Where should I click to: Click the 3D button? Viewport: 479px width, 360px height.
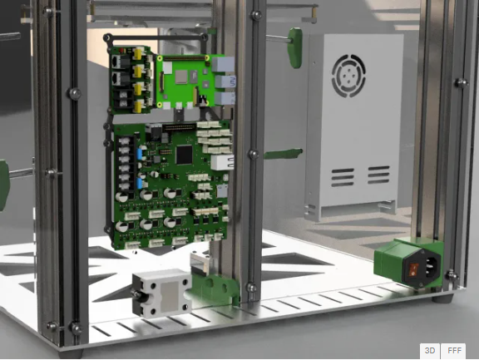tap(430, 351)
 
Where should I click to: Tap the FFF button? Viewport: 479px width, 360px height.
tap(454, 351)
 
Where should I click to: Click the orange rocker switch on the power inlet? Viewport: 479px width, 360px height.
tap(413, 269)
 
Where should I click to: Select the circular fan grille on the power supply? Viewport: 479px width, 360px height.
tap(348, 76)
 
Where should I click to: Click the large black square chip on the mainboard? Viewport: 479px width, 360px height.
tap(185, 155)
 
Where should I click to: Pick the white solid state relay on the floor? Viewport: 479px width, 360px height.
tap(161, 293)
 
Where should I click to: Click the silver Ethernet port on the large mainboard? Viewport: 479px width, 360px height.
tap(222, 162)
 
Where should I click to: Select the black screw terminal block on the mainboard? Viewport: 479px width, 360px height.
tap(126, 164)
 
